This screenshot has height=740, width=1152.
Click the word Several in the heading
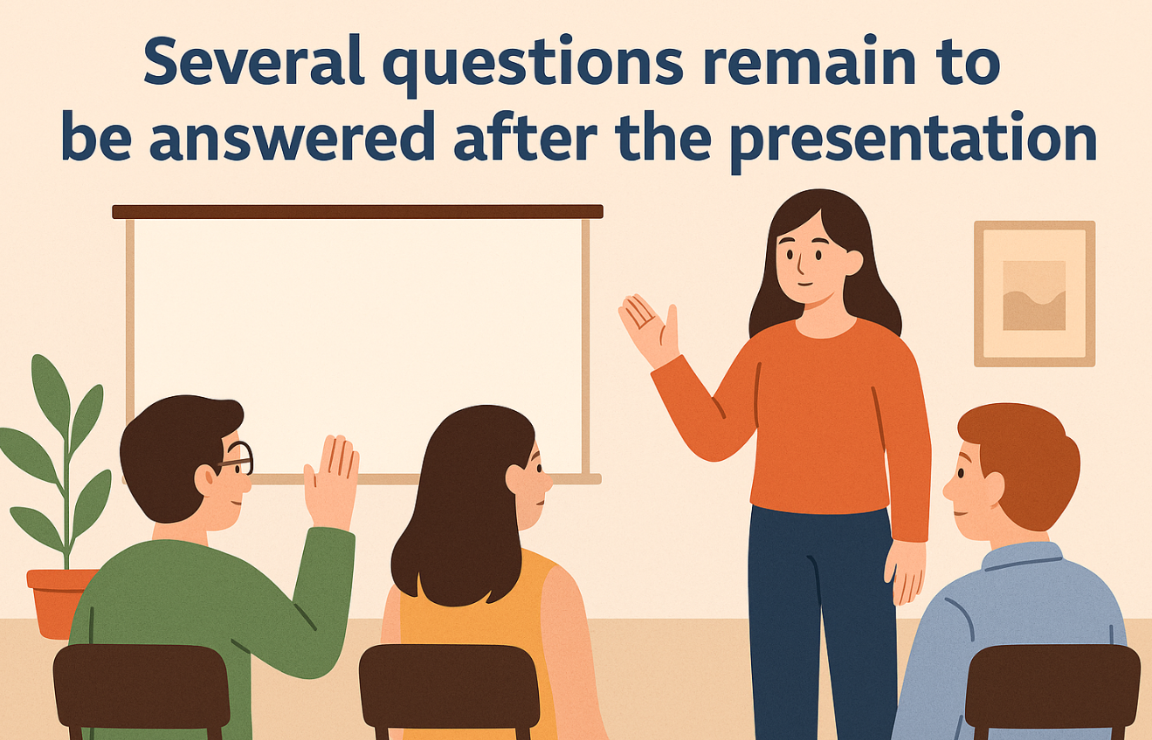coord(254,60)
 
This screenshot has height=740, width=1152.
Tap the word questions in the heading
coord(534,65)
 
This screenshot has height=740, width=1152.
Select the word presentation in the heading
coord(914,140)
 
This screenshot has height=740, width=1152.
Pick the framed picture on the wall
coord(1034,294)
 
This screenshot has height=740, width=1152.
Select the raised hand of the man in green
coord(331,481)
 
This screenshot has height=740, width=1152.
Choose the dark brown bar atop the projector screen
coord(357,212)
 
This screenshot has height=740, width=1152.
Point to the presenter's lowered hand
coord(905,572)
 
